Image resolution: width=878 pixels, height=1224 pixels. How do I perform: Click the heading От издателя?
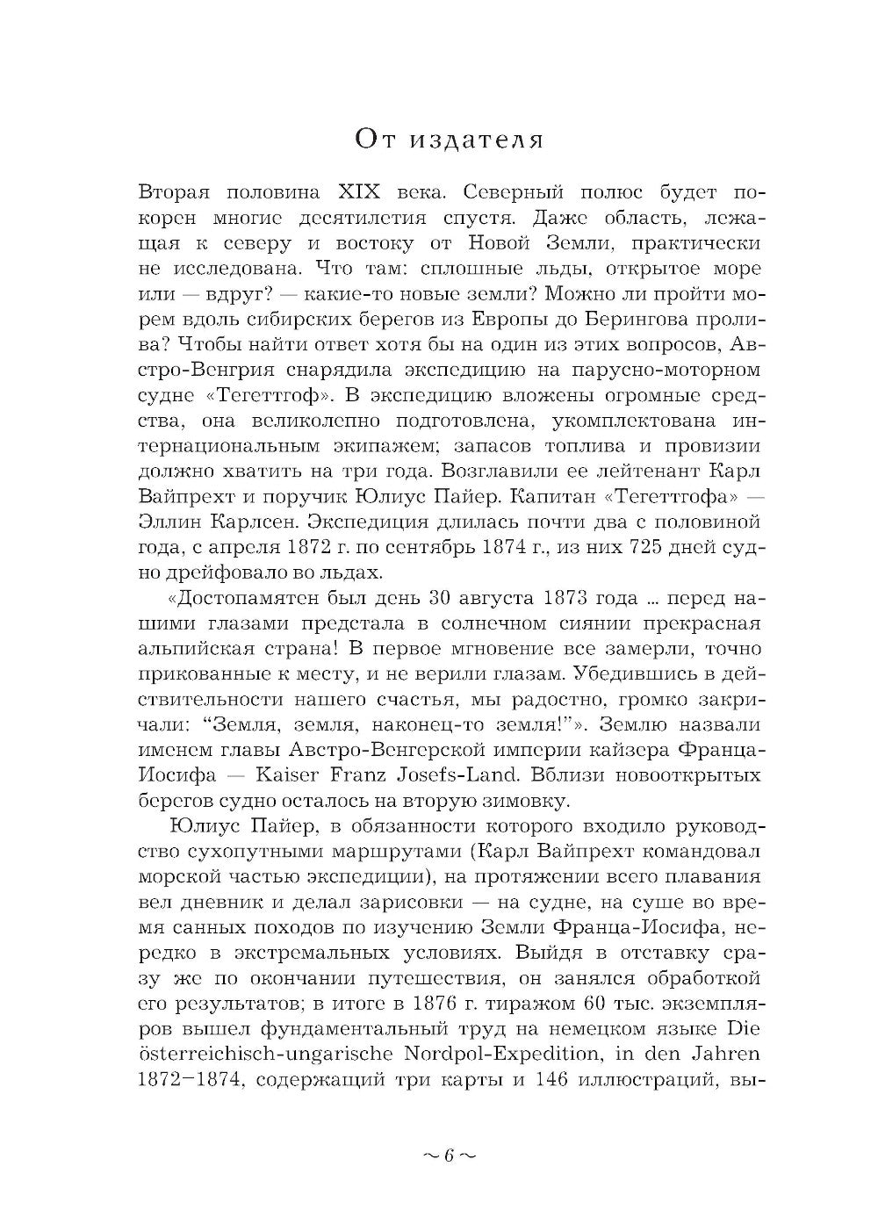450,140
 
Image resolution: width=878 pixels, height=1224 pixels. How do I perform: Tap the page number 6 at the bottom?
447,1156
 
